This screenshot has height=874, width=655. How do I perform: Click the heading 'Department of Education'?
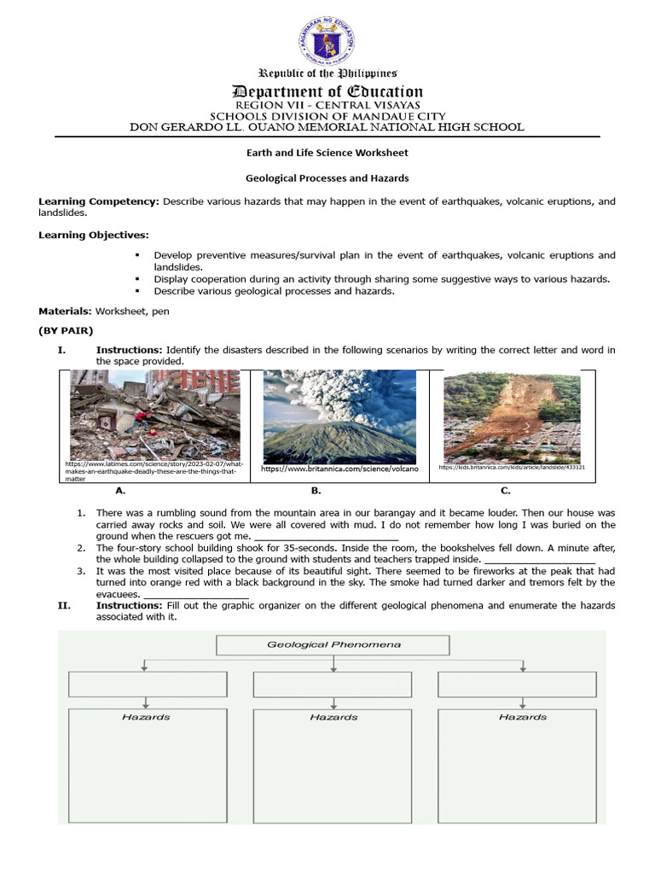[328, 91]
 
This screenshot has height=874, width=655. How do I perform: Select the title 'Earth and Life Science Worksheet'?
[327, 153]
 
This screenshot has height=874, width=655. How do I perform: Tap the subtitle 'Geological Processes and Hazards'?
[327, 178]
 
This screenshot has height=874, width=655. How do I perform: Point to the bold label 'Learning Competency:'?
[98, 201]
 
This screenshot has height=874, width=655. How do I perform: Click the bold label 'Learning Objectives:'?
[93, 235]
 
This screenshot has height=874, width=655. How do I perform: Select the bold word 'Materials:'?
[66, 312]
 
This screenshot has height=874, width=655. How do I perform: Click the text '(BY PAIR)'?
[66, 330]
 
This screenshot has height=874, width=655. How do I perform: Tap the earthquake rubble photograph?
[154, 415]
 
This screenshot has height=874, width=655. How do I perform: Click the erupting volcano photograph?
[339, 417]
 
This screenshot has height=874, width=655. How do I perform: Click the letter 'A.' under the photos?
[120, 491]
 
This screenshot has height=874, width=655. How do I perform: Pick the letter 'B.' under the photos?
[316, 491]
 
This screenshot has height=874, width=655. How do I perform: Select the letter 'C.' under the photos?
[505, 491]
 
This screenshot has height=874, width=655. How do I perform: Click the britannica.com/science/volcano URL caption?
[339, 469]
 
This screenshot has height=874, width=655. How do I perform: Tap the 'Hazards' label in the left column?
[146, 717]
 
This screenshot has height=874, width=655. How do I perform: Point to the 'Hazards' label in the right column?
[522, 717]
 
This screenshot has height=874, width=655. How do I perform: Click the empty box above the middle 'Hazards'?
[333, 685]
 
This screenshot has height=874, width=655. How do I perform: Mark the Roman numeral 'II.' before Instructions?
[63, 605]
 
